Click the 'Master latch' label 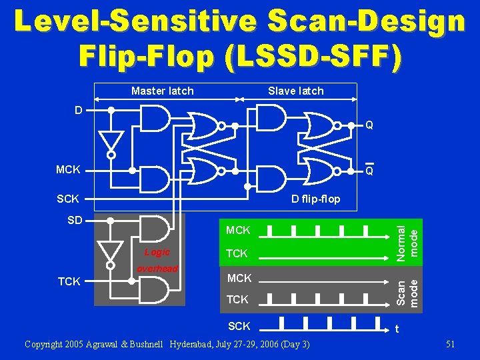[x=163, y=91]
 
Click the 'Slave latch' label [x=295, y=91]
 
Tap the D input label [x=79, y=109]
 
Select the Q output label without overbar [x=369, y=125]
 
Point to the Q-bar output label [x=369, y=171]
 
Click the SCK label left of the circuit [x=68, y=199]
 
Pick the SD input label [x=75, y=220]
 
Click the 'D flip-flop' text [x=315, y=199]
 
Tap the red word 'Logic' [x=157, y=253]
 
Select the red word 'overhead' [x=157, y=269]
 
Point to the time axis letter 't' [x=397, y=329]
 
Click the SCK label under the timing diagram [x=239, y=326]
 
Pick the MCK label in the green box [x=239, y=231]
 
